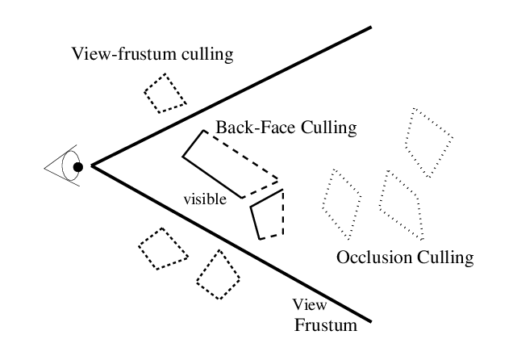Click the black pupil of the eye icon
pyautogui.click(x=77, y=167)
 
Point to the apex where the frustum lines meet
pyautogui.click(x=92, y=166)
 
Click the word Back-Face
pyautogui.click(x=251, y=128)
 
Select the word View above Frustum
pyautogui.click(x=307, y=306)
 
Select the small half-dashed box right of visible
pyautogui.click(x=269, y=214)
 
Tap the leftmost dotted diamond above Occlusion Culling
pyautogui.click(x=341, y=203)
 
